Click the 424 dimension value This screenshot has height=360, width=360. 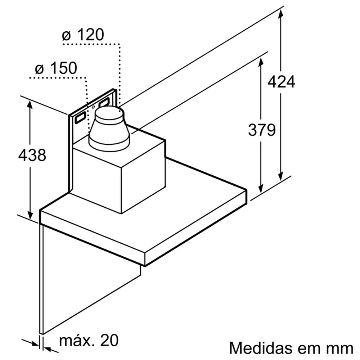281,82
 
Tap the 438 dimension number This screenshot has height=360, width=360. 32,155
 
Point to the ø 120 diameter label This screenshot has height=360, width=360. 83,35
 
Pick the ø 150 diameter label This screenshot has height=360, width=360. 56,68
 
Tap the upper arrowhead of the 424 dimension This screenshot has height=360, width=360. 281,12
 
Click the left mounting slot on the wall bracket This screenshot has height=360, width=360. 80,118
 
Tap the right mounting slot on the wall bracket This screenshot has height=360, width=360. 105,103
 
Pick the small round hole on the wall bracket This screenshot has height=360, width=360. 94,107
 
